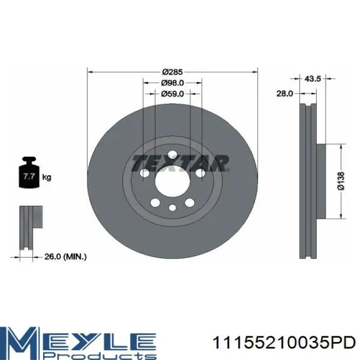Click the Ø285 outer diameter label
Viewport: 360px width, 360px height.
[x=172, y=72]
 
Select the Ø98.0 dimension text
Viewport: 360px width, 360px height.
[x=172, y=83]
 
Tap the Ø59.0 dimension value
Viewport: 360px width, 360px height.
[x=172, y=94]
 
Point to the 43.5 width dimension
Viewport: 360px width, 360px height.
[x=313, y=79]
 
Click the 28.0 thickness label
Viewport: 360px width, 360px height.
[x=285, y=94]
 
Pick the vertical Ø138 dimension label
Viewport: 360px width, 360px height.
[x=341, y=181]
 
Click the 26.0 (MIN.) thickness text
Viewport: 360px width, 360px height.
[x=65, y=257]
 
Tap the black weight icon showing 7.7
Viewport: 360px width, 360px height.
[x=29, y=172]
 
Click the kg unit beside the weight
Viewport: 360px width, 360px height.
[x=47, y=177]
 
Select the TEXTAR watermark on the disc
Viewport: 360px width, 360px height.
[x=181, y=163]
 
